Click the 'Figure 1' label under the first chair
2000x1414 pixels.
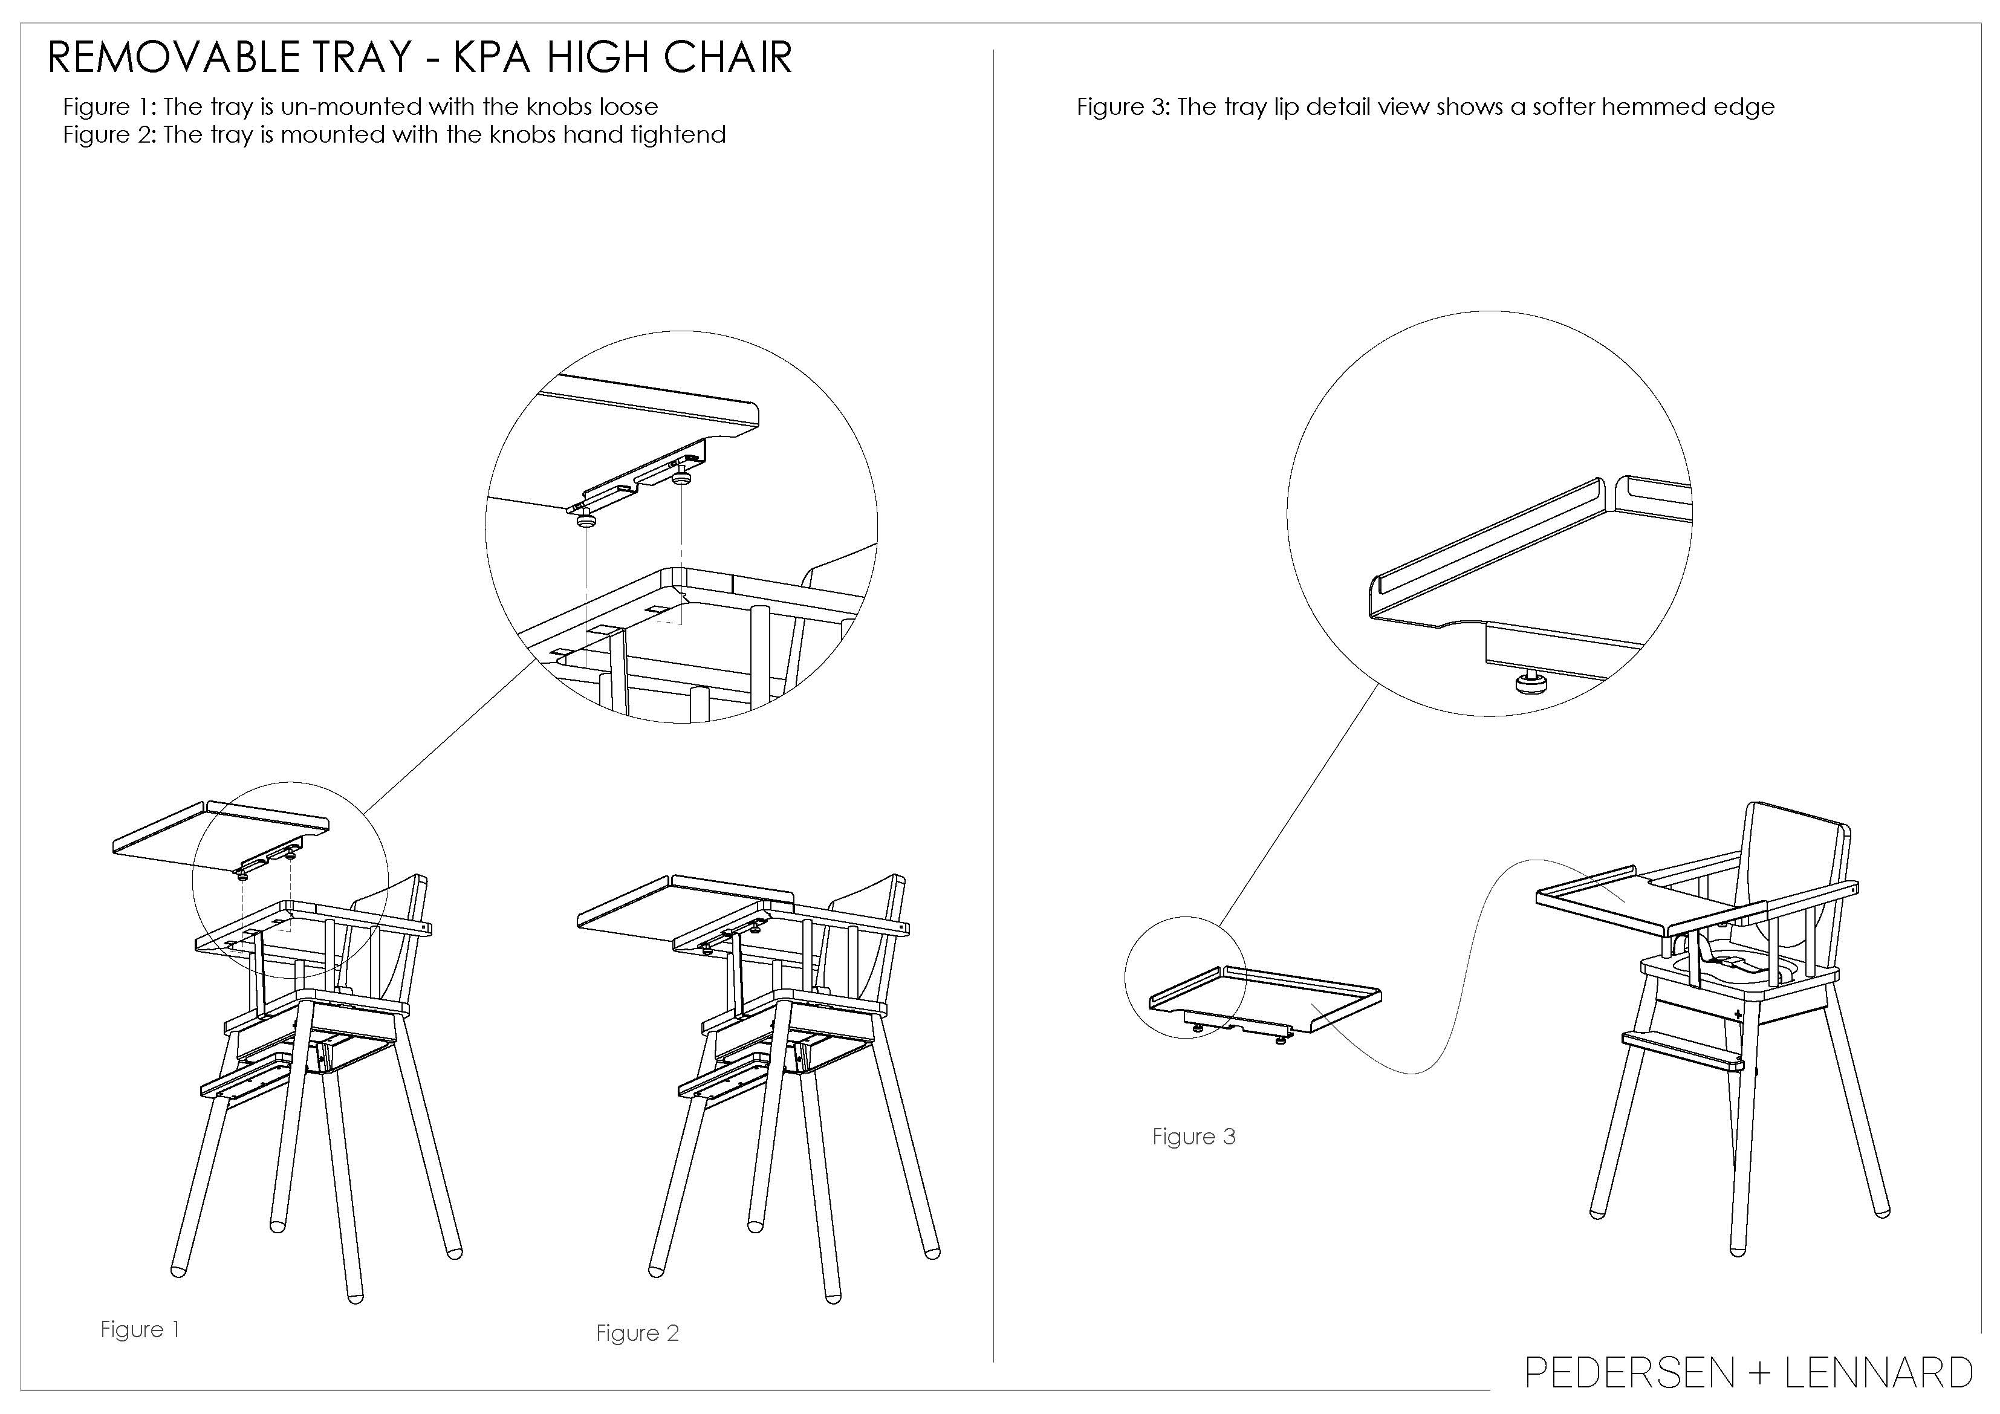pos(140,1329)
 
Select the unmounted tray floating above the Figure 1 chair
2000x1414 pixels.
pos(221,838)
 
